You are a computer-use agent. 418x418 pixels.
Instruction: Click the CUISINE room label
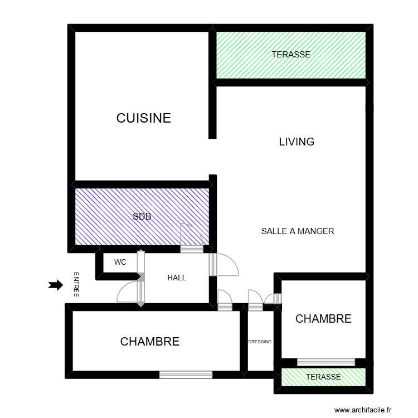tap(143, 118)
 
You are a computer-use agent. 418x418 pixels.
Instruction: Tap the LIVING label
tap(297, 142)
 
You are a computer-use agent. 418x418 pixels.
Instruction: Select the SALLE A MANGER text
tap(297, 231)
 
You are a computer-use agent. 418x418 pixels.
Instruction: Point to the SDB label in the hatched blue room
tap(142, 217)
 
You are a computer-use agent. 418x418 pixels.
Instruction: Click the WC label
tap(120, 262)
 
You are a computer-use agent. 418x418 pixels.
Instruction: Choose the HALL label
tap(177, 278)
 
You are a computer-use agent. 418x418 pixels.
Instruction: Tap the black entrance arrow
tap(55, 285)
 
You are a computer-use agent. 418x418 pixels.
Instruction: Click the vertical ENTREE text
tap(76, 285)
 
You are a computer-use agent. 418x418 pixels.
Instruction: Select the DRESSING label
tap(260, 342)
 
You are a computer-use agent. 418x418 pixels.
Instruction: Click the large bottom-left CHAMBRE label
tap(150, 342)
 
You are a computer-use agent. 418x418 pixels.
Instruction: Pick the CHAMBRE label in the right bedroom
tap(323, 319)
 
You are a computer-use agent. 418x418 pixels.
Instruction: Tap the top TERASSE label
tap(291, 55)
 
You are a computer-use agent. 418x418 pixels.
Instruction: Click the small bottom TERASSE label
tap(323, 377)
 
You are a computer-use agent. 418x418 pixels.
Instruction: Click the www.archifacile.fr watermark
tap(364, 409)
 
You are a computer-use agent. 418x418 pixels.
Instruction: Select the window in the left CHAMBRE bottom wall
tap(186, 375)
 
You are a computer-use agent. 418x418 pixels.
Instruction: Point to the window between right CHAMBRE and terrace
tap(326, 362)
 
